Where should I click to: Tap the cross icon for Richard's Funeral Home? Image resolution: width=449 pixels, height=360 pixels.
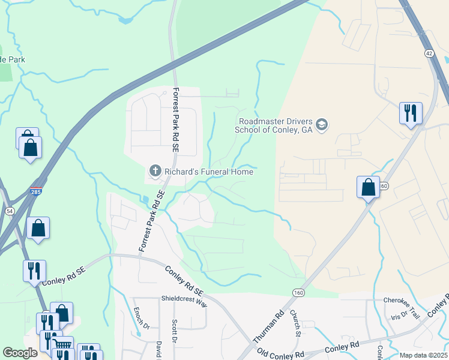tap(155, 172)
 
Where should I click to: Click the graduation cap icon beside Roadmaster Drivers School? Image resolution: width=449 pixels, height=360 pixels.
tap(322, 124)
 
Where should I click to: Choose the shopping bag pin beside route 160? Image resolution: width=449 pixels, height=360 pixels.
tap(368, 187)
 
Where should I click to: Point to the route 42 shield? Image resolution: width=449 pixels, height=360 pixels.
tap(429, 53)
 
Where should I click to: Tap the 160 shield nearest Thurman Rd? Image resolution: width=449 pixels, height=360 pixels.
tap(298, 292)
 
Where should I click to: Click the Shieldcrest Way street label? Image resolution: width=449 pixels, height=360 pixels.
tap(184, 301)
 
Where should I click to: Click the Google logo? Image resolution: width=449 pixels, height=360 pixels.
tap(20, 353)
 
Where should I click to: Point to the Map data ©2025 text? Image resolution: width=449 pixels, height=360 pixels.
tap(423, 355)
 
